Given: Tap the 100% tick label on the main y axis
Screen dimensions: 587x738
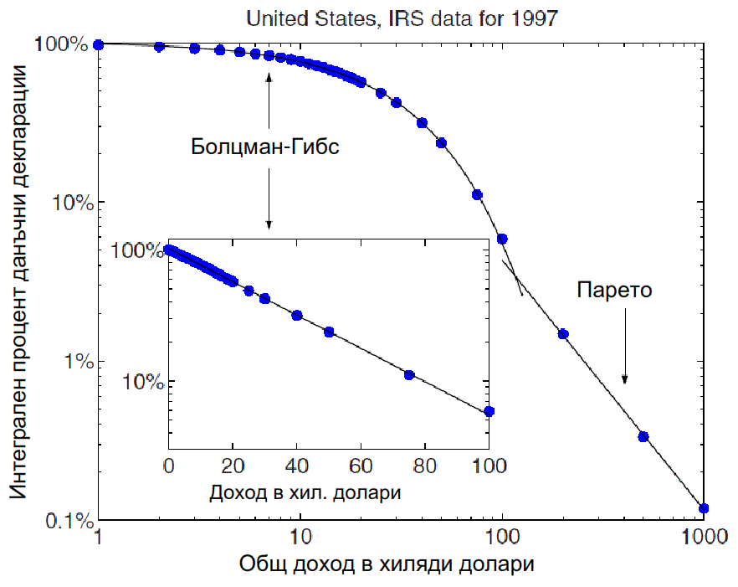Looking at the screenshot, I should click(x=62, y=44).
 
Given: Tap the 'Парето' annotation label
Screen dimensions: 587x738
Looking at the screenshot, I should click(x=614, y=291).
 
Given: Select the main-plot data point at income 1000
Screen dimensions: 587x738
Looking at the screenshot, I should click(x=704, y=508).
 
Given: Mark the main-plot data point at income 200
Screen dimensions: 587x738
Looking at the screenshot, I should click(x=563, y=334).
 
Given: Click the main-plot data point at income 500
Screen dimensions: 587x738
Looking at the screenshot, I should click(x=643, y=436).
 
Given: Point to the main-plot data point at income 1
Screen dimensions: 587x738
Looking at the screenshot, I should click(x=99, y=44).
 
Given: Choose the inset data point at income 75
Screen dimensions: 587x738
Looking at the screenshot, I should click(x=409, y=374).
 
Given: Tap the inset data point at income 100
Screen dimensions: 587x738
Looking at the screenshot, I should click(x=489, y=411).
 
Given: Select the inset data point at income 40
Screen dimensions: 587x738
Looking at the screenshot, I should click(x=296, y=315).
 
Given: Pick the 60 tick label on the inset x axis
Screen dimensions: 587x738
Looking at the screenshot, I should click(x=361, y=466).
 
